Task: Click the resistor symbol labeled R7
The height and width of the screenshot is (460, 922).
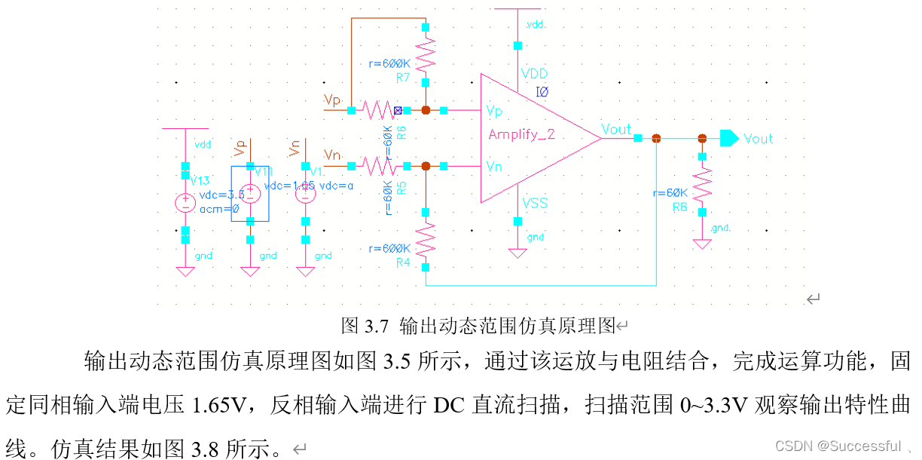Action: [x=426, y=55]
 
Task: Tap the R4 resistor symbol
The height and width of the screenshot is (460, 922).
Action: [x=426, y=239]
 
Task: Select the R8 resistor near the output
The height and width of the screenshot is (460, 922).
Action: [x=702, y=184]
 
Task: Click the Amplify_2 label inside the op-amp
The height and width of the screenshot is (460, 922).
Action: [x=521, y=134]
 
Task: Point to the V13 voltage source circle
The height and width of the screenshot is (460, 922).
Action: [x=185, y=202]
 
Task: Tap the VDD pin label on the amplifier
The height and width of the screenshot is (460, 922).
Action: [x=534, y=74]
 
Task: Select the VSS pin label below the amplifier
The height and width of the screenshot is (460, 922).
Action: [x=534, y=203]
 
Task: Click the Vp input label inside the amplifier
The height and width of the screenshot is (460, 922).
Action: [x=494, y=112]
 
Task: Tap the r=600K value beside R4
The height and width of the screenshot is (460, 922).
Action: [x=389, y=248]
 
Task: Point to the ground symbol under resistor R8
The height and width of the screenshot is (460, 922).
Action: [x=702, y=243]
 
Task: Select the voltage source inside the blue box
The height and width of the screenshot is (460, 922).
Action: [x=250, y=194]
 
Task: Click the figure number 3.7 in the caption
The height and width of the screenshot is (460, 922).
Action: [x=376, y=326]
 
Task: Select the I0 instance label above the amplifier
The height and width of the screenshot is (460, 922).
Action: [x=542, y=91]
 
